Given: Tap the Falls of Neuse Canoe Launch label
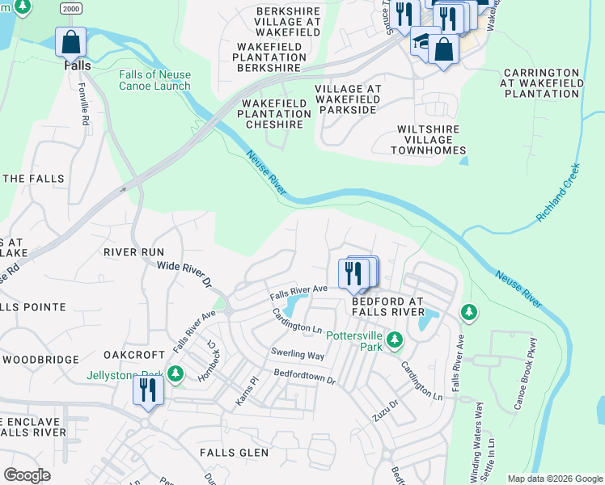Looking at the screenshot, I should (x=154, y=80).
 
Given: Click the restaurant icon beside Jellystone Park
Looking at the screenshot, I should (x=149, y=390).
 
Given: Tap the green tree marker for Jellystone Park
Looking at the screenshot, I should (x=176, y=373).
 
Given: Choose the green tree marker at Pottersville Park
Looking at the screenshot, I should (x=394, y=339).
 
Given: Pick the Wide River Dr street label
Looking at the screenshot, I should (x=184, y=274).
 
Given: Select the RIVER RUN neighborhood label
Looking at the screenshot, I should (x=133, y=252).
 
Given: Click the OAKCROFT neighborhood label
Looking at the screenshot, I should (x=129, y=355).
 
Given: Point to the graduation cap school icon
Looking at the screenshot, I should (x=422, y=42).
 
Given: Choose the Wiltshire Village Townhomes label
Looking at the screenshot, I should (x=429, y=140).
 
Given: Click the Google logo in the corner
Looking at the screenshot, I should (x=27, y=475).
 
